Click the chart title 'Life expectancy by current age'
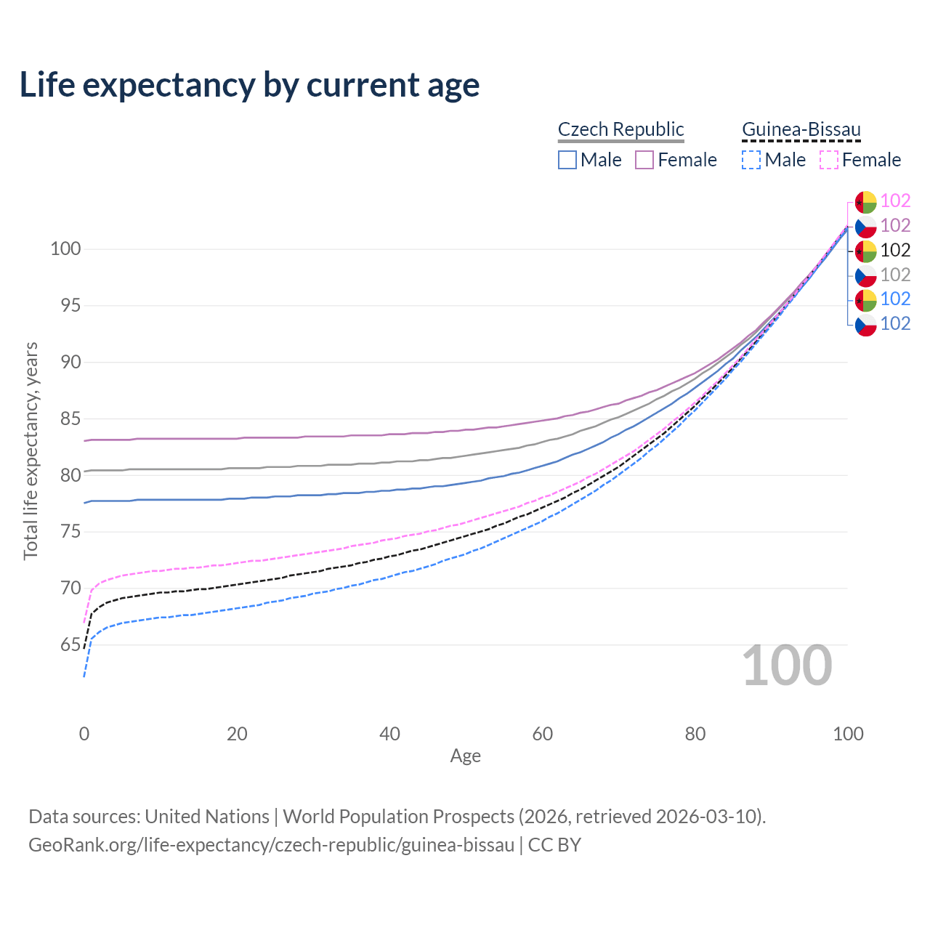[249, 85]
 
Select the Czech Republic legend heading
[620, 129]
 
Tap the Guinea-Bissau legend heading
[801, 130]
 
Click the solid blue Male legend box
[567, 160]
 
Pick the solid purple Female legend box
[644, 160]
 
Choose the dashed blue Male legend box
[751, 160]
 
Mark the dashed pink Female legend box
[829, 160]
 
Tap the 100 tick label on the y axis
[65, 249]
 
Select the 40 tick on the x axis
[389, 734]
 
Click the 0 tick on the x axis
[84, 734]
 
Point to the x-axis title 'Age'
[465, 756]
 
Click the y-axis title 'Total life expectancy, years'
[31, 450]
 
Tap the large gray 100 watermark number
[787, 666]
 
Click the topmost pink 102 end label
[895, 201]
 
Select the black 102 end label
[895, 251]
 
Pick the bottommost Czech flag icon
[865, 325]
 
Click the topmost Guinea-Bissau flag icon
[865, 202]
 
